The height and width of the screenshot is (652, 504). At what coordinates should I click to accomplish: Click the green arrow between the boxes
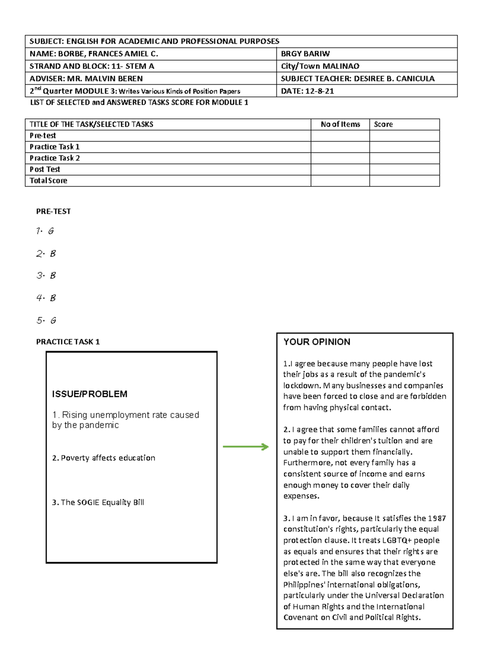pos(246,447)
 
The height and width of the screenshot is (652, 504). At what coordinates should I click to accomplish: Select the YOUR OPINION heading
pos(317,342)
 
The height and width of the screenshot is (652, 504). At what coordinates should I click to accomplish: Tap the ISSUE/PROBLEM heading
pos(89,394)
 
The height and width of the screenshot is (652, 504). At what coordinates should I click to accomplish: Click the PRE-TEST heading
pos(53,211)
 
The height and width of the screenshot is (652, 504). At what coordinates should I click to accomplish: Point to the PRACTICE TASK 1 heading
pos(68,342)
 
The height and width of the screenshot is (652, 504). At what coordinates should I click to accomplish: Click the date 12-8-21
pos(319,91)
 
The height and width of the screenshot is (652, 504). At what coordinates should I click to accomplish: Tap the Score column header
pos(383,124)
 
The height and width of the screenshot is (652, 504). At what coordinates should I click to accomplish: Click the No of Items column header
pos(340,124)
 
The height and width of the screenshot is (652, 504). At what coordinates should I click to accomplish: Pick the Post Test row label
pos(45,169)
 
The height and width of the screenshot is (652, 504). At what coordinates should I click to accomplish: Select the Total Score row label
pos(48,181)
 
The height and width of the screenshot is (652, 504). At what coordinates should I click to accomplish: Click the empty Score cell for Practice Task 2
pos(404,158)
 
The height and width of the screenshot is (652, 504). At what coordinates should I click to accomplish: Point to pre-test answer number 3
pos(46,276)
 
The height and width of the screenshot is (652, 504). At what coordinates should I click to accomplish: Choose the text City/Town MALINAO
pos(320,66)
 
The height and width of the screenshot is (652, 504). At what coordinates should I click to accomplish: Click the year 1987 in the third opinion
pos(437,518)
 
